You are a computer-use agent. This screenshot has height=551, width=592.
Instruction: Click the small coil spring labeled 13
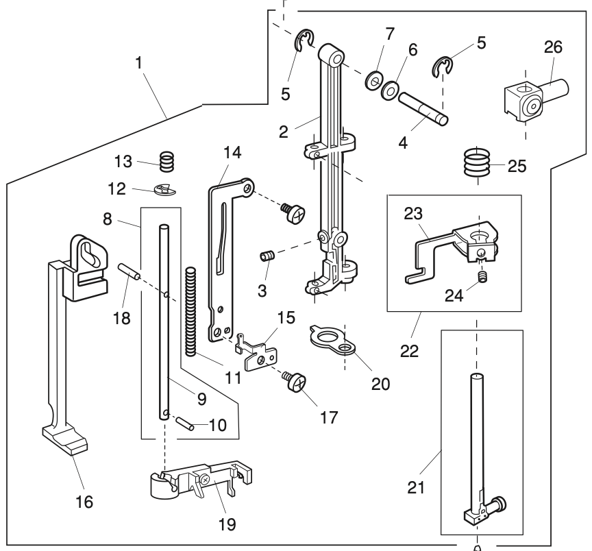166,162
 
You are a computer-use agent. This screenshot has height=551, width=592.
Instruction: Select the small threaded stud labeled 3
267,258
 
